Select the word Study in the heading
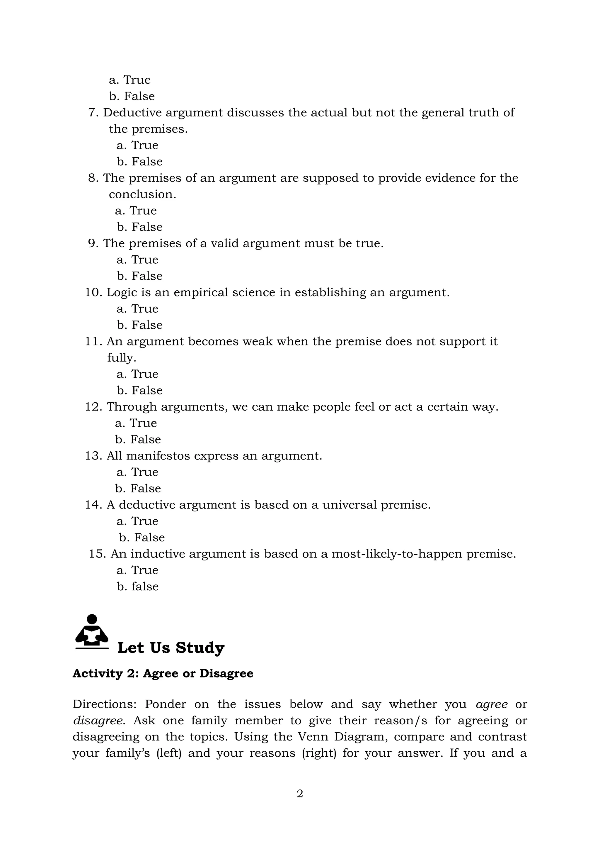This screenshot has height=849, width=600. pyautogui.click(x=200, y=648)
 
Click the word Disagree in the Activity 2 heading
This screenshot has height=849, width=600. pyautogui.click(x=226, y=673)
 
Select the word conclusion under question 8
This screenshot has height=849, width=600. pyautogui.click(x=142, y=194)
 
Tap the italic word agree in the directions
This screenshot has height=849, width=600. pyautogui.click(x=491, y=704)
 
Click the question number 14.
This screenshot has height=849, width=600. pyautogui.click(x=93, y=505)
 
